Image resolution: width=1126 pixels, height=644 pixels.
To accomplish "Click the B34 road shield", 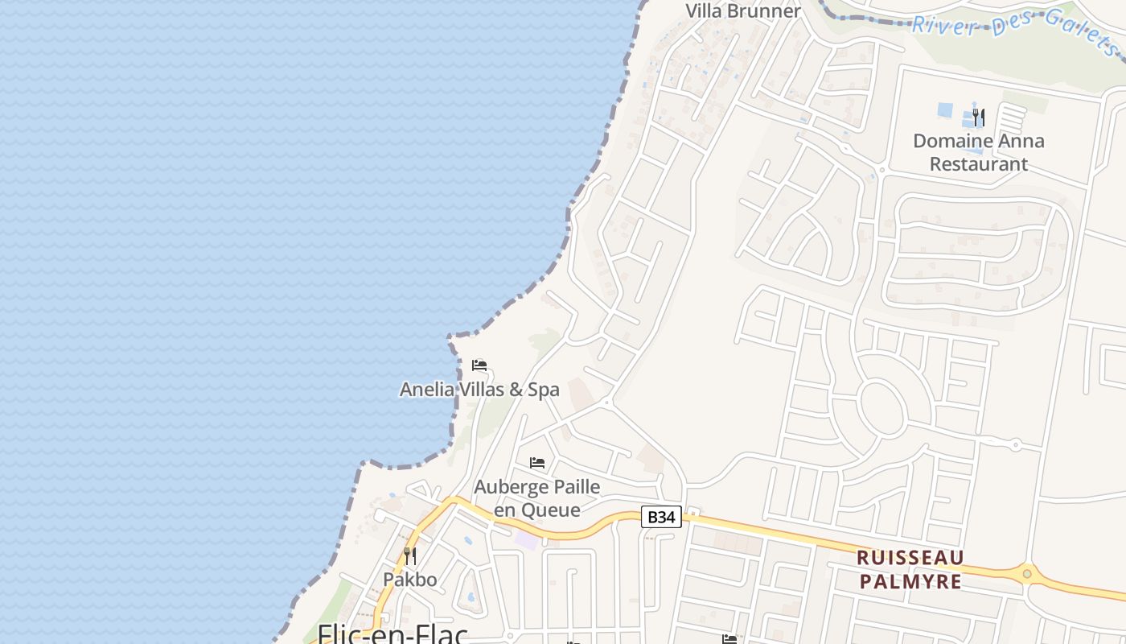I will pyautogui.click(x=661, y=517).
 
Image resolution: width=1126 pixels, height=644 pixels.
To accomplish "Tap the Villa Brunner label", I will pyautogui.click(x=742, y=11).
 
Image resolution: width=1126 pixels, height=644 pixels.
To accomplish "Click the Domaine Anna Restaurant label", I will pyautogui.click(x=978, y=152).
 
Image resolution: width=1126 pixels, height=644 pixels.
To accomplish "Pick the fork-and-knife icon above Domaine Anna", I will pyautogui.click(x=978, y=118).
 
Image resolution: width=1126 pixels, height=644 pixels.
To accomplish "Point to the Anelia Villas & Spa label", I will pyautogui.click(x=479, y=390).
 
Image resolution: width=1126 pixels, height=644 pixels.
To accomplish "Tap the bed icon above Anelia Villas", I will pyautogui.click(x=479, y=365).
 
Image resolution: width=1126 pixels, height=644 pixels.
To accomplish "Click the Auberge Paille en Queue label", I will pyautogui.click(x=536, y=498).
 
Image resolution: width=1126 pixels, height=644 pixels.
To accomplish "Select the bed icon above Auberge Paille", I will pyautogui.click(x=537, y=463).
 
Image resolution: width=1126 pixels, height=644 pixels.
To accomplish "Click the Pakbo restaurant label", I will pyautogui.click(x=409, y=580).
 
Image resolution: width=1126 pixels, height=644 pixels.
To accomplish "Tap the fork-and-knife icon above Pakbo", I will pyautogui.click(x=409, y=555).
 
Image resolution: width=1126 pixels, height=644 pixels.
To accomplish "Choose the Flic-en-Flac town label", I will pyautogui.click(x=392, y=634).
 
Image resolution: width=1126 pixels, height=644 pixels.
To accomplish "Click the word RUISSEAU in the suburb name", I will pyautogui.click(x=910, y=558).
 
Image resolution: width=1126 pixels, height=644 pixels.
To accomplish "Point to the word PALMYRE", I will pyautogui.click(x=910, y=581).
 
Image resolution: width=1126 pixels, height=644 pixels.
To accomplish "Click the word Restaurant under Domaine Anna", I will pyautogui.click(x=978, y=164).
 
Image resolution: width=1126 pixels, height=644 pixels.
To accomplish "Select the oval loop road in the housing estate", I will pyautogui.click(x=881, y=407).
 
